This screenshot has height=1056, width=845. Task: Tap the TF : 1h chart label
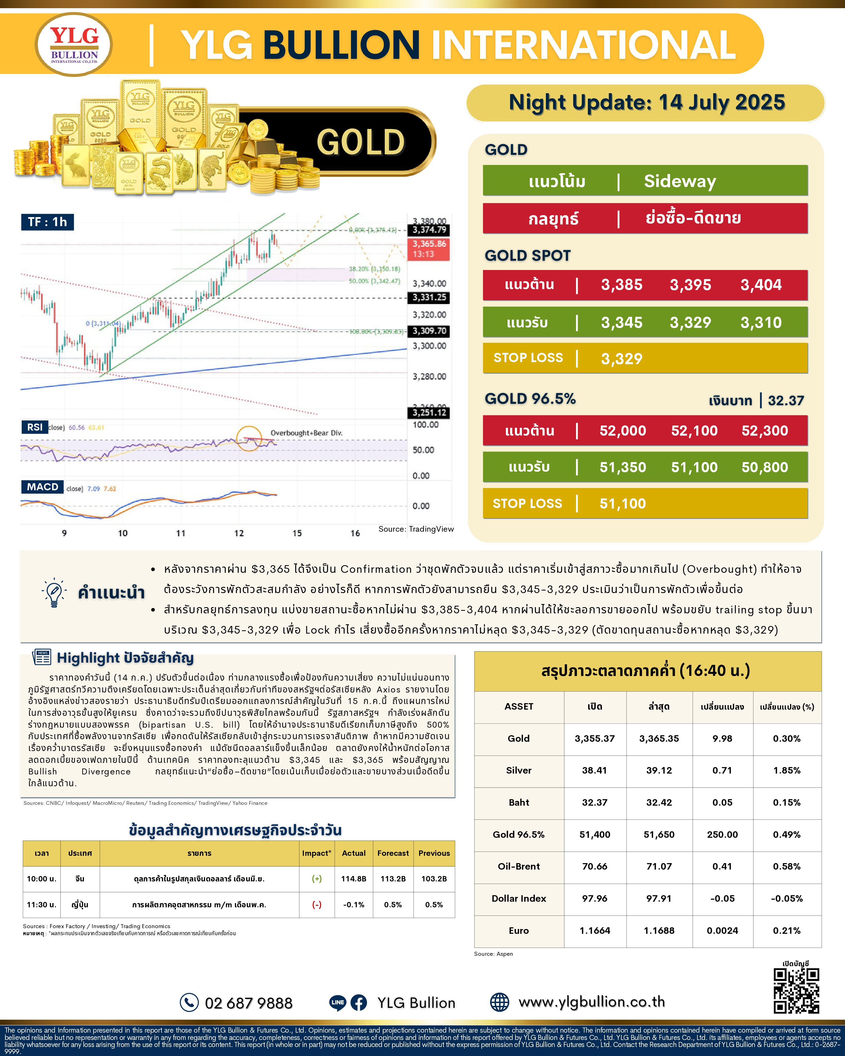click(x=47, y=222)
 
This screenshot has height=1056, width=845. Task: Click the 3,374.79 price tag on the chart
click(x=429, y=230)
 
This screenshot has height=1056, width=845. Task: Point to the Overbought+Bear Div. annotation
click(x=306, y=433)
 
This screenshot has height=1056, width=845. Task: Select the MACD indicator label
click(x=42, y=487)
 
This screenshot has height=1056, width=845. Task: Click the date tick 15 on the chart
click(x=297, y=533)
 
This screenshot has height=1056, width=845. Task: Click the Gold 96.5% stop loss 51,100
click(x=622, y=504)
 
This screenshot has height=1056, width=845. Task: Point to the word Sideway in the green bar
click(x=679, y=181)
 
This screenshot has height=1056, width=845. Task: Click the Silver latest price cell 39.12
click(x=659, y=770)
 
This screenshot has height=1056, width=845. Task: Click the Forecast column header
click(x=393, y=853)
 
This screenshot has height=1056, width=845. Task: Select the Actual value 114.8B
click(x=354, y=879)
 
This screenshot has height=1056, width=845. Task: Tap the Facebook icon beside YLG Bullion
click(x=359, y=1002)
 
